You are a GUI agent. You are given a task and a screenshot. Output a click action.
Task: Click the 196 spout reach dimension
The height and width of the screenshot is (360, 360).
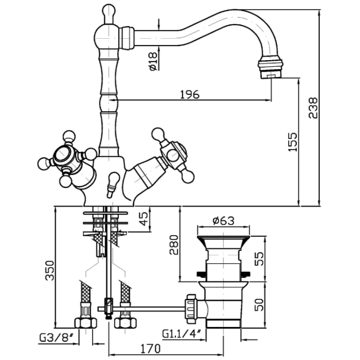(190, 94)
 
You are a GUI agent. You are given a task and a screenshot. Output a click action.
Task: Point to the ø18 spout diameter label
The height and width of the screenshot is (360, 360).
(153, 62)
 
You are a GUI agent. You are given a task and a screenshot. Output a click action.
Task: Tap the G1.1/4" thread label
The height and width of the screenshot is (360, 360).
(182, 333)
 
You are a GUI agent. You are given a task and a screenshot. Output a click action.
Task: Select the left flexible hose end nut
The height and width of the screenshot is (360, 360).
(84, 323)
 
